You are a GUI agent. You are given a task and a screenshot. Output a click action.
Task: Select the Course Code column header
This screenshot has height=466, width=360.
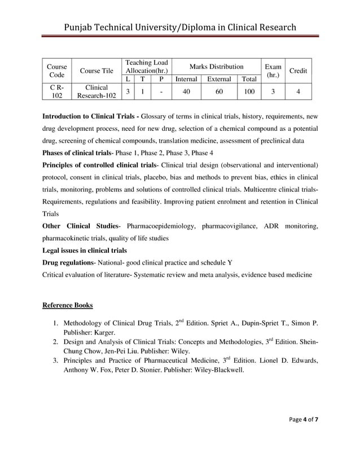56,71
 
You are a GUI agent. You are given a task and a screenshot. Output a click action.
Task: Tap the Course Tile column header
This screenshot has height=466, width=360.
96,71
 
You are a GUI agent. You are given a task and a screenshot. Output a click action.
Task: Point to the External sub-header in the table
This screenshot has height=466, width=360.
218,80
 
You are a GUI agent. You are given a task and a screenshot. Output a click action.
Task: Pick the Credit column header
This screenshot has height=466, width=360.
298,71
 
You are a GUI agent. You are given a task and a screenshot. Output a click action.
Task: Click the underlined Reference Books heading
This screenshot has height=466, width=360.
68,305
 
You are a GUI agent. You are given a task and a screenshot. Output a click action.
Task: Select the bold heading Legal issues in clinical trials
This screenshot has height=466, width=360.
85,250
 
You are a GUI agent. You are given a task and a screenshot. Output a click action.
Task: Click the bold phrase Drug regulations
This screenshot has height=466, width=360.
68,263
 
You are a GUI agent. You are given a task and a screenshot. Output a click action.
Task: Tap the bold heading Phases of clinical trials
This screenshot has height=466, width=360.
77,153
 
